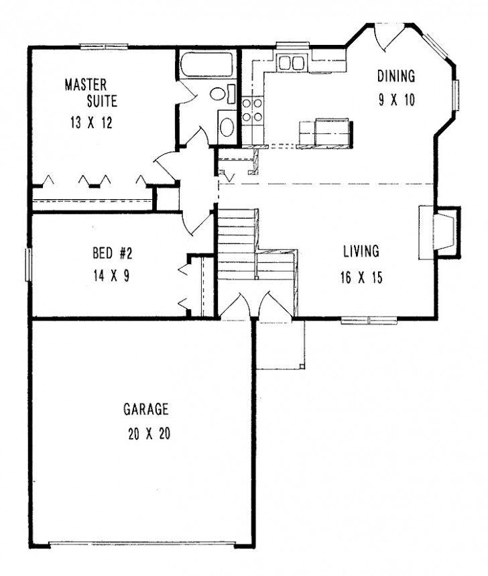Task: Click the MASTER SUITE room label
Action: (x=91, y=93)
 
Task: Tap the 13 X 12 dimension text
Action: (x=91, y=123)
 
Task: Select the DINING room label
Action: (x=396, y=76)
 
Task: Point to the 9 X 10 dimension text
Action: (x=397, y=99)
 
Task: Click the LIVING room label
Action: (x=361, y=251)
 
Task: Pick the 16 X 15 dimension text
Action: (x=361, y=278)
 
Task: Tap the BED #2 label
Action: (x=112, y=253)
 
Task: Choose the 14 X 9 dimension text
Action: (x=111, y=276)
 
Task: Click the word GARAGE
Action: (x=145, y=409)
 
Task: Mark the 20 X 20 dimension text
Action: (x=149, y=434)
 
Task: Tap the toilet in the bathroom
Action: (x=223, y=94)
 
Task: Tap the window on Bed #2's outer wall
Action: (x=27, y=265)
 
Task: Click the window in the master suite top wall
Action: (x=105, y=47)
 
